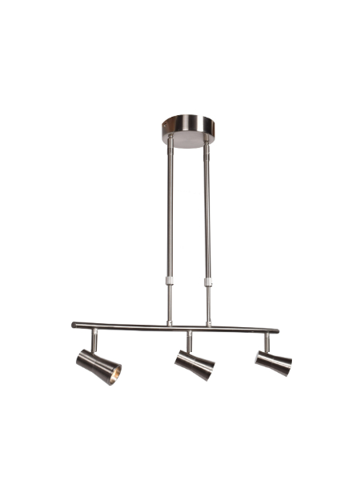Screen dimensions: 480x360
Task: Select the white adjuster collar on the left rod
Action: (x=170, y=281)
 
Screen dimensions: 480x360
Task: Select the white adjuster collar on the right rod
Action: (x=209, y=281)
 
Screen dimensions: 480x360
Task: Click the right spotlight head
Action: (x=272, y=362)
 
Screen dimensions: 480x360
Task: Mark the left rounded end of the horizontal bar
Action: (x=74, y=325)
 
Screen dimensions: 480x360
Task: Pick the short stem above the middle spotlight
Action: (x=190, y=342)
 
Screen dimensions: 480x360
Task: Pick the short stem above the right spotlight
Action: (x=266, y=342)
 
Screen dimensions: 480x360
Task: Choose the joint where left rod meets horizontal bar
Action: (x=170, y=322)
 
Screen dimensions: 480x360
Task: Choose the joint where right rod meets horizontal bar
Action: (x=210, y=324)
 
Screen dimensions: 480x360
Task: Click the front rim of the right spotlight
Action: (x=286, y=367)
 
